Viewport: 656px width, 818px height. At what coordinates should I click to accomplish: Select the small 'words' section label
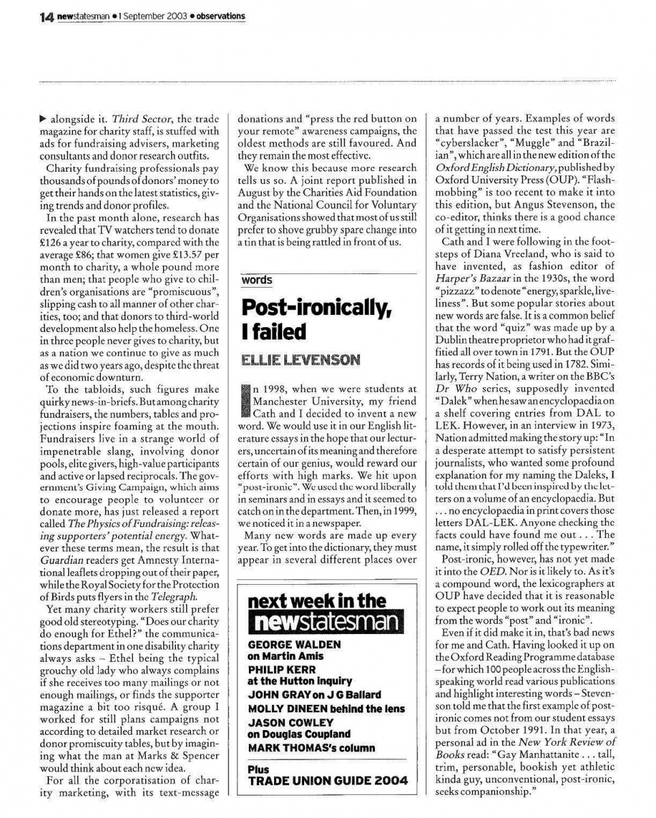click(256, 281)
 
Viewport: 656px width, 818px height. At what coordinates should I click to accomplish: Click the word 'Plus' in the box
click(258, 769)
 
